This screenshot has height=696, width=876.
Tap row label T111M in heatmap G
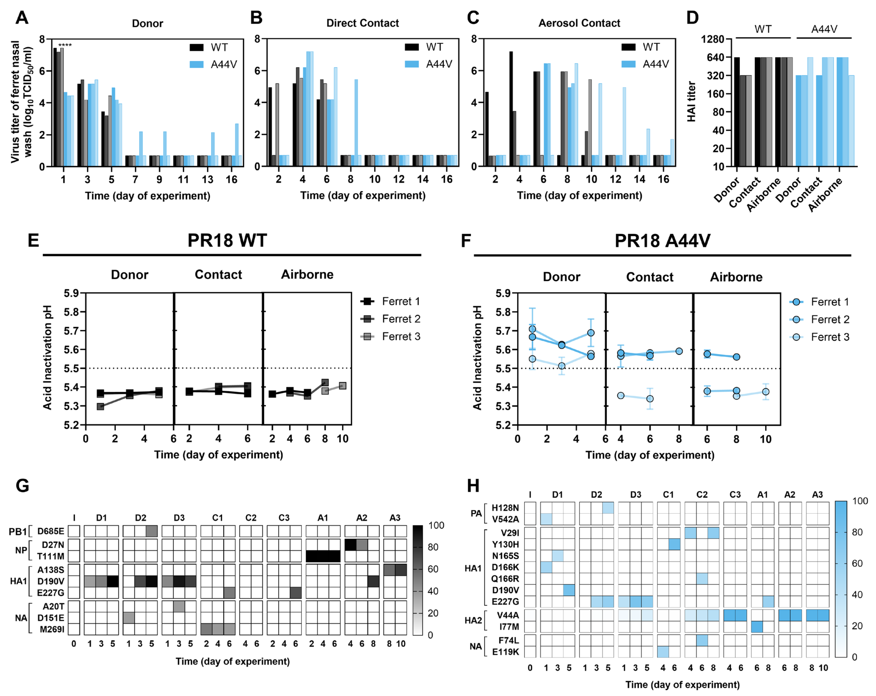51,556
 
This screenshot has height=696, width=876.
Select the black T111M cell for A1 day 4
323,556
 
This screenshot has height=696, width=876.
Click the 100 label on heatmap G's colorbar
436,525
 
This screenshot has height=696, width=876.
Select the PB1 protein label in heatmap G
18,531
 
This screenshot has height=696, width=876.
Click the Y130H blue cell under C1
674,544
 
